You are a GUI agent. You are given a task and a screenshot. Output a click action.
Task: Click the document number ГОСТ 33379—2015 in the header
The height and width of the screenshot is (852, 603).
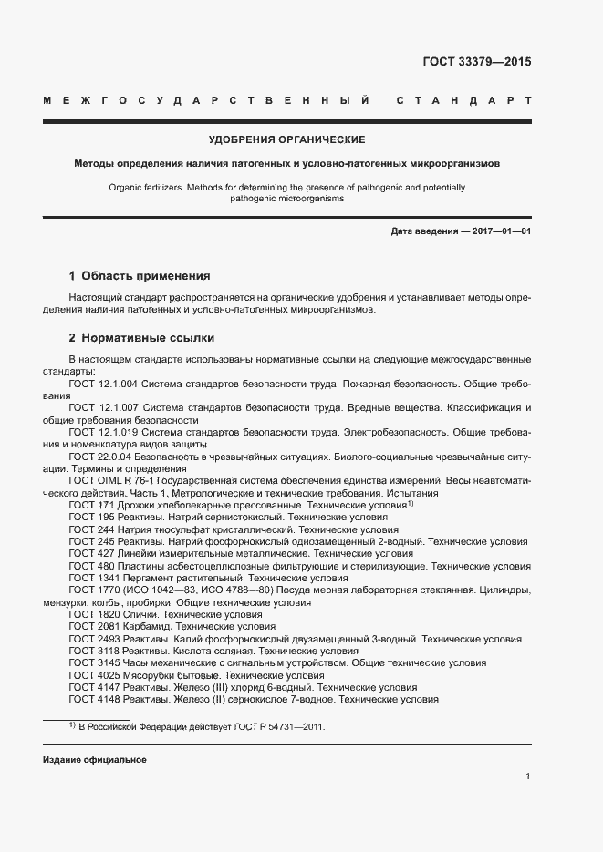(476, 63)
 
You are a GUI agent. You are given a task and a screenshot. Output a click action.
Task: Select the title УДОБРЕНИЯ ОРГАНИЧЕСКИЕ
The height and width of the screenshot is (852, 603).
(287, 139)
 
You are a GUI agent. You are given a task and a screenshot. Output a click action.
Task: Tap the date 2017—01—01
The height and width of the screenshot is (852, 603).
(500, 231)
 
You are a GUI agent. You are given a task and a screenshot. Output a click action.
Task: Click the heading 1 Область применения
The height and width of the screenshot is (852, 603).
(140, 275)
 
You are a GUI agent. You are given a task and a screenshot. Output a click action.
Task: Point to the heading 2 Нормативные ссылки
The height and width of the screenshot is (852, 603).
(140, 336)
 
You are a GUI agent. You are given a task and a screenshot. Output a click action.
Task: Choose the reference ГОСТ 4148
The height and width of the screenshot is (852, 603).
(93, 700)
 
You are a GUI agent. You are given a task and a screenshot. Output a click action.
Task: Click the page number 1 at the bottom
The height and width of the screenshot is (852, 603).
(528, 776)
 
